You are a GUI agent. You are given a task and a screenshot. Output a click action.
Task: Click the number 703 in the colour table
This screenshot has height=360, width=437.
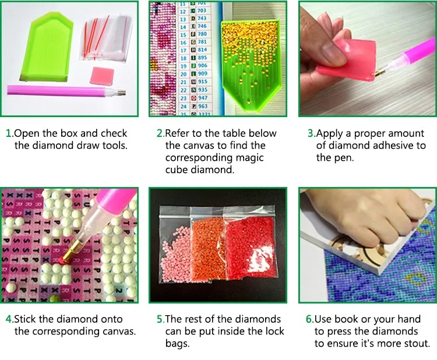point(202,10)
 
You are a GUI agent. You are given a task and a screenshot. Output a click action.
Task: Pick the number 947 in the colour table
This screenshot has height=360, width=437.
point(203,98)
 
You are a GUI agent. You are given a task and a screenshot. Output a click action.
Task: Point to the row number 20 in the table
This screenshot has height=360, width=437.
point(183,74)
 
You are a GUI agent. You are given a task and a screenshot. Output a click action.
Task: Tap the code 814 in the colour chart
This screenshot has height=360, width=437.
point(202,50)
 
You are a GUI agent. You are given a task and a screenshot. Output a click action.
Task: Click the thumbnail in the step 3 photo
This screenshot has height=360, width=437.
point(332,51)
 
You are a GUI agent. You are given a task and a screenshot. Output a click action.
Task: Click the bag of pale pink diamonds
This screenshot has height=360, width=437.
point(175,245)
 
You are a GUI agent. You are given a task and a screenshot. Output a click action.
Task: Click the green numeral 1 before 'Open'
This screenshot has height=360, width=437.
point(9,133)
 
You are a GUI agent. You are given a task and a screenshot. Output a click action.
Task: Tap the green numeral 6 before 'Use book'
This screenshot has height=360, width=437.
point(309,319)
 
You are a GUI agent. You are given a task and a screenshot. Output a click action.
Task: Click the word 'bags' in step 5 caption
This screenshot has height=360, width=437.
point(177,344)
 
